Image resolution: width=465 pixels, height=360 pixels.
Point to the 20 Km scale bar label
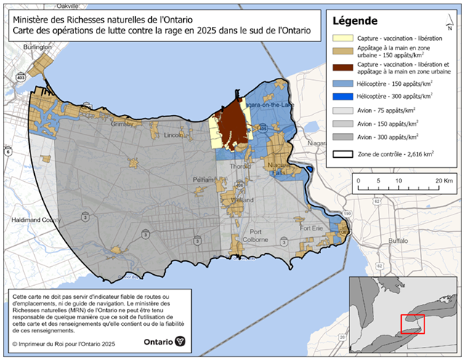442,180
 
